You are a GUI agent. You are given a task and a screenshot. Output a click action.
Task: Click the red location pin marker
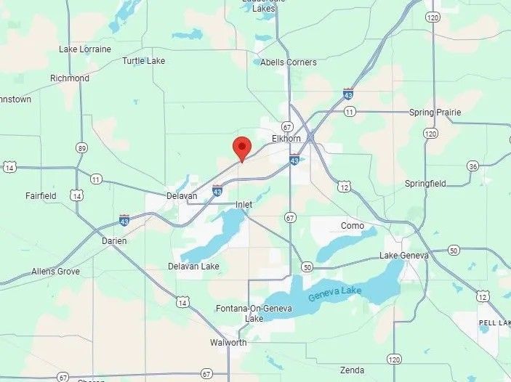tap(242, 148)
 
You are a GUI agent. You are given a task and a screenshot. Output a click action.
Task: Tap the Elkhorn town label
tap(286, 138)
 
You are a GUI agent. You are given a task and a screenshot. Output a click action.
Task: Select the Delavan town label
tap(182, 196)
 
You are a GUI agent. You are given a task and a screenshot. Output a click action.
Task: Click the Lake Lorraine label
tap(85, 49)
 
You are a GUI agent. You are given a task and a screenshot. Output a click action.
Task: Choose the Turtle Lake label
tap(144, 61)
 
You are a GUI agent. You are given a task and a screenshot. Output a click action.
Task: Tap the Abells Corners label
tap(289, 62)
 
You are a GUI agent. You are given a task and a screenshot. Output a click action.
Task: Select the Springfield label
tap(425, 184)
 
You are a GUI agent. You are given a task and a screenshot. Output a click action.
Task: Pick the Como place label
tap(353, 226)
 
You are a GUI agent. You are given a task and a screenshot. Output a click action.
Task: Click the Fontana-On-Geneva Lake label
tap(254, 314)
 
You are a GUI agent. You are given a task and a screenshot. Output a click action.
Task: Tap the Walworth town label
tap(228, 342)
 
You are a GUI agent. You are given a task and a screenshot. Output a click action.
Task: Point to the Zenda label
tap(352, 370)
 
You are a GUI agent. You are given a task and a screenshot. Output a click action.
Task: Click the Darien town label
tap(114, 241)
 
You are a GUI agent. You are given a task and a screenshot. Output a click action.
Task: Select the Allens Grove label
tap(55, 272)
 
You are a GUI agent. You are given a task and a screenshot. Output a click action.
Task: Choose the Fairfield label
tap(41, 195)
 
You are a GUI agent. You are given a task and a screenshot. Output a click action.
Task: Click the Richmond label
tap(70, 78)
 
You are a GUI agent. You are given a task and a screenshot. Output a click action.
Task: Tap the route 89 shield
tap(81, 148)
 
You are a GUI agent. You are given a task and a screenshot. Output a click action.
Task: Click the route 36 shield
tap(473, 166)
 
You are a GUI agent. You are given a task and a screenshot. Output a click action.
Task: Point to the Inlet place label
tap(244, 205)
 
